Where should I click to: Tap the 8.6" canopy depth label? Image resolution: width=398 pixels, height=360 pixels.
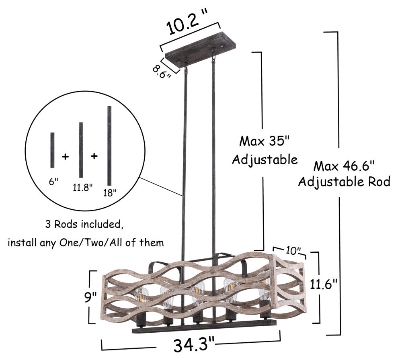162,72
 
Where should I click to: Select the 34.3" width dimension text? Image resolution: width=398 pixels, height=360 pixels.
194,344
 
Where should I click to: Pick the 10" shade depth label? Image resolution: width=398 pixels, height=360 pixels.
293,251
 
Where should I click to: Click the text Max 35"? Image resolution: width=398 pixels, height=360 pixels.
265,141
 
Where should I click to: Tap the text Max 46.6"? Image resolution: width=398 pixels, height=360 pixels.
344,166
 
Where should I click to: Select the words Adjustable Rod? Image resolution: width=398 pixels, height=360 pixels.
344,182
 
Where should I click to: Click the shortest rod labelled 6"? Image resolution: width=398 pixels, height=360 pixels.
52,150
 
